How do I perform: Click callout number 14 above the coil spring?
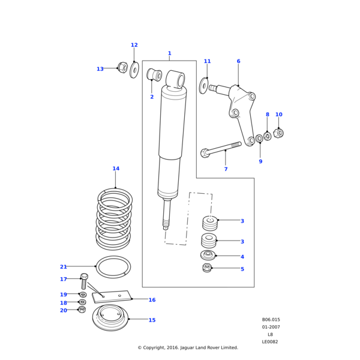pyautogui.click(x=116, y=169)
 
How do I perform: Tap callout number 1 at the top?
pyautogui.click(x=169, y=53)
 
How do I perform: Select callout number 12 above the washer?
pyautogui.click(x=134, y=45)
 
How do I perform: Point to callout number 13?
pyautogui.click(x=100, y=69)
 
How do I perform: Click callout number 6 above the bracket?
pyautogui.click(x=238, y=61)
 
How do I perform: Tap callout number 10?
pyautogui.click(x=278, y=115)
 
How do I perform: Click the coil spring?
pyautogui.click(x=115, y=219)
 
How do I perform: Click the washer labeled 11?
pyautogui.click(x=204, y=86)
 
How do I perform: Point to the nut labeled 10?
pyautogui.click(x=278, y=133)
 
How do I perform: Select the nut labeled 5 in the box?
pyautogui.click(x=207, y=268)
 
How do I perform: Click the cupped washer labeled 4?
pyautogui.click(x=208, y=256)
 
